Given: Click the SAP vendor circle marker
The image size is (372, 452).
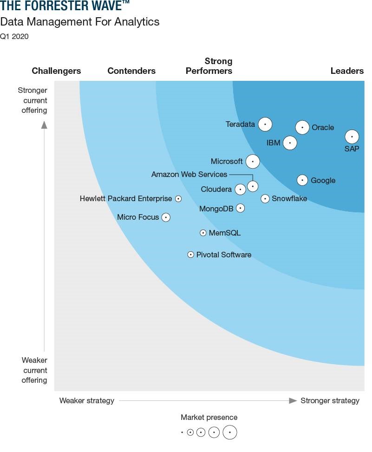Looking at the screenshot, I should point(352,137).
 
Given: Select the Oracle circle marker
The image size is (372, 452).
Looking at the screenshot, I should point(302,127).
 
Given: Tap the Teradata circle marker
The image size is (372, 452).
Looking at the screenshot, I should point(265,124).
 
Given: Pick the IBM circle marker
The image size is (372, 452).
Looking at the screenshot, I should point(290,143).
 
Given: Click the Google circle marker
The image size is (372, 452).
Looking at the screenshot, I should point(302,180).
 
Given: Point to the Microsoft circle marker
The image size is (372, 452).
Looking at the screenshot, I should point(253,162).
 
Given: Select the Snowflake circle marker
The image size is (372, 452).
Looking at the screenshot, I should point(265,199).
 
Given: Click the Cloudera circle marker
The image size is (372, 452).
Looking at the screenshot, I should point(240,190).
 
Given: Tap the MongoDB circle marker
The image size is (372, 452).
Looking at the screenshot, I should point(240,208).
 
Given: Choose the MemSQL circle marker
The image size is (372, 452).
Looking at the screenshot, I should point(203,233).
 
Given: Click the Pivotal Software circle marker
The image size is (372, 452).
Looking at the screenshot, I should point(190,255).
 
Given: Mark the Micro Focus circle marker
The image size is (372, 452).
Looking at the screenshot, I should point(166,217).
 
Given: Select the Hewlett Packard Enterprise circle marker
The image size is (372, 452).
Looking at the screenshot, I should point(178,199).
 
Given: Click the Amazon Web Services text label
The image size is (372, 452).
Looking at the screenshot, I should point(189,174).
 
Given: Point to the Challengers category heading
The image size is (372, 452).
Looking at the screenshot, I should point(56,71).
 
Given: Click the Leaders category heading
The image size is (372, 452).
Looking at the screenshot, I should point(347,71).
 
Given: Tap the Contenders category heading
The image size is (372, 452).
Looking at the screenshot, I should point(131,71).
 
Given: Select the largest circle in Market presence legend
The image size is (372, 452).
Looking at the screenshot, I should point(230,432).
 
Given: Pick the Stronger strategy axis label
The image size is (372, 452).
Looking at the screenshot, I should point(330,400).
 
